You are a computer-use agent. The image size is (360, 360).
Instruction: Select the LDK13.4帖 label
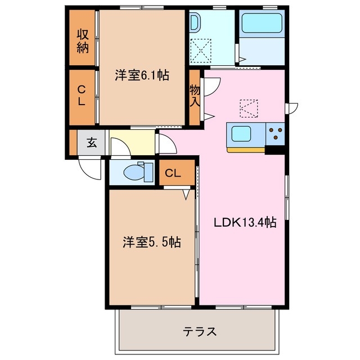244,222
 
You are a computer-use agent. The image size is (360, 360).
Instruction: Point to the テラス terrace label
200,331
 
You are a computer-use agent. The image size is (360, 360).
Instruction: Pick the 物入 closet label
195,95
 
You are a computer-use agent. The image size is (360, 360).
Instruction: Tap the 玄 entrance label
91,143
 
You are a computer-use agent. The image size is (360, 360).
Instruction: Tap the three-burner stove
276,133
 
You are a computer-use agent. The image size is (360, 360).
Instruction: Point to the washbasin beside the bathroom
194,23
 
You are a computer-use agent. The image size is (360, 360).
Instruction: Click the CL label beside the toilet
173,173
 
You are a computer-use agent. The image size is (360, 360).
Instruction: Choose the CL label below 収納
82,96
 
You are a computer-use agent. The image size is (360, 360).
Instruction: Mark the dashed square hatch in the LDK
249,107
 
